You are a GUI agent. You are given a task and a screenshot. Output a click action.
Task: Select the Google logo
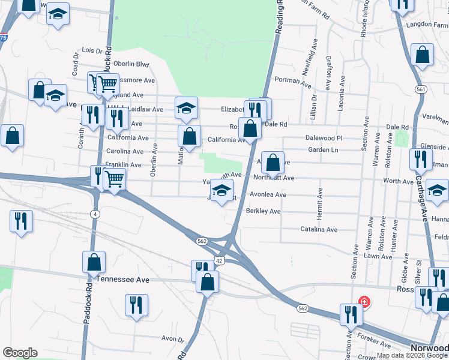tap(20, 353)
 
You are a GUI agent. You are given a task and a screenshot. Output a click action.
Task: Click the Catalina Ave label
tap(319, 230)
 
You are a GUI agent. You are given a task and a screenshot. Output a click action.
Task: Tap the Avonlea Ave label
tap(268, 195)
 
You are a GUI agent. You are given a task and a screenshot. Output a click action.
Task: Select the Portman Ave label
tap(291, 79)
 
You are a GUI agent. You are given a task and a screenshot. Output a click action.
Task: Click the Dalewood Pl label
tap(323, 138)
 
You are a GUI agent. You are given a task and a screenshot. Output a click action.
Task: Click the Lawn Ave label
tap(378, 257)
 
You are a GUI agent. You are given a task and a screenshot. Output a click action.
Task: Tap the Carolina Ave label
tap(125, 152)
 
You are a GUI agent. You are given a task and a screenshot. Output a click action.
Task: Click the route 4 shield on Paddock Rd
tap(96, 214)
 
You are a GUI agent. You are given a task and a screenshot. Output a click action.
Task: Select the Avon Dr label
tap(173, 339)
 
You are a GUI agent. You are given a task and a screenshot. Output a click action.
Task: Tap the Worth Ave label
tap(399, 181)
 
